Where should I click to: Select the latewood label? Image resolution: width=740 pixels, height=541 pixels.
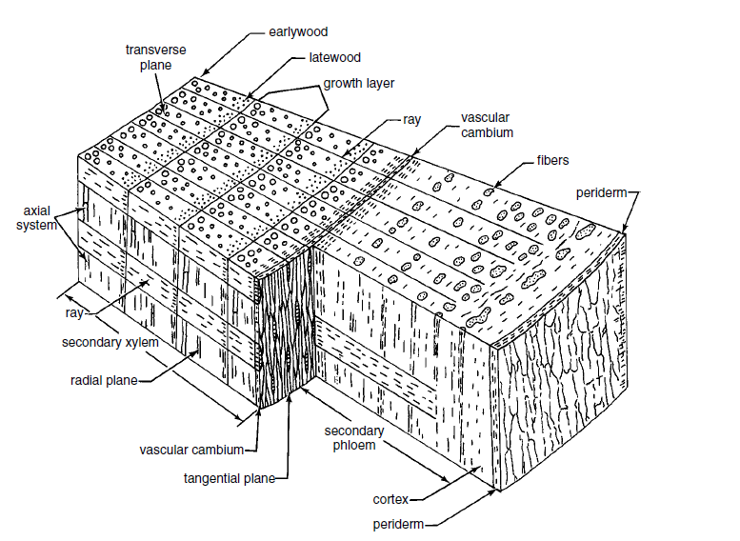334,57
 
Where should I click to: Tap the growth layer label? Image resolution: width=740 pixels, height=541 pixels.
359,83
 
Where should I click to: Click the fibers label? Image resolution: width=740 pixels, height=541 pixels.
552,161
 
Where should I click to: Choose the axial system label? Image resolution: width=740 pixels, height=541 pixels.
32,218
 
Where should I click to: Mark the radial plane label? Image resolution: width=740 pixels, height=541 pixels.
104,381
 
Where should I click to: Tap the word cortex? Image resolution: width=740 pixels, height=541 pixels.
391,497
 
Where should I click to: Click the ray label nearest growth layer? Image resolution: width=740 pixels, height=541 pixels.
411,120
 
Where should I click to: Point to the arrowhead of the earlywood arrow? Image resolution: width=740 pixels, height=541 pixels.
201,75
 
